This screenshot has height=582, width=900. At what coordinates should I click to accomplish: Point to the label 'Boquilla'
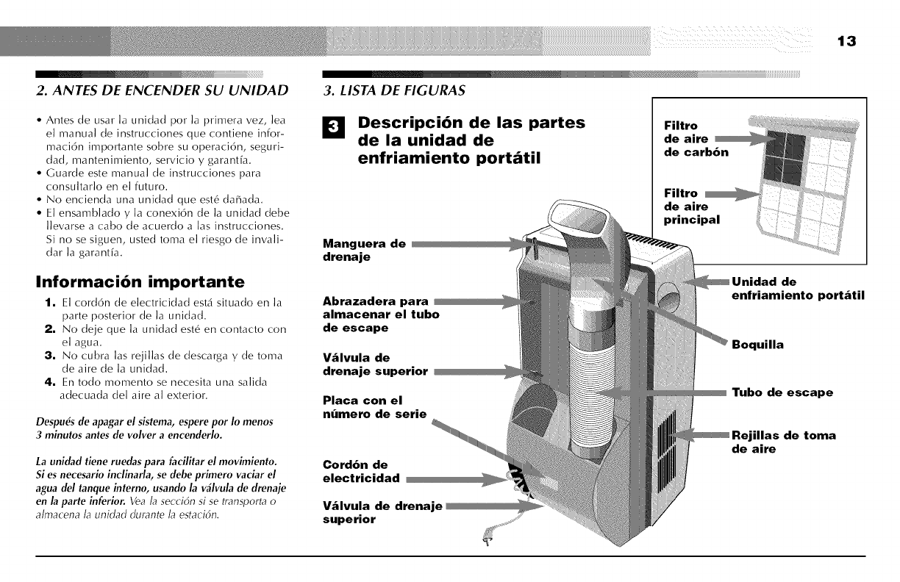pyautogui.click(x=757, y=344)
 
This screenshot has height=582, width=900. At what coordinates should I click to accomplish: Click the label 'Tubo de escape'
pyautogui.click(x=782, y=392)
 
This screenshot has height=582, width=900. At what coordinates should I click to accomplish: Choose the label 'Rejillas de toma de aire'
pyautogui.click(x=784, y=442)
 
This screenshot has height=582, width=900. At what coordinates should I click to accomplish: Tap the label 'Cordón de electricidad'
pyautogui.click(x=361, y=471)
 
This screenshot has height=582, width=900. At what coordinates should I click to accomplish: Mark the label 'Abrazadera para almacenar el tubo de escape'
pyautogui.click(x=381, y=314)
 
